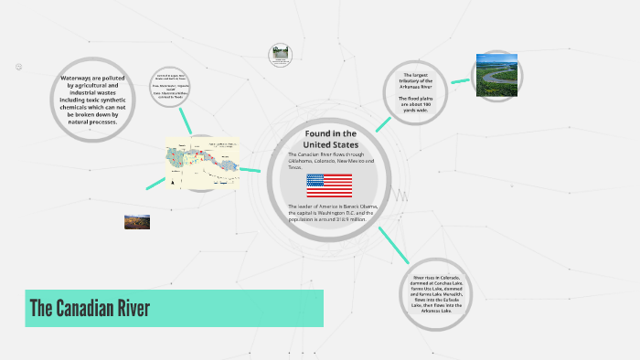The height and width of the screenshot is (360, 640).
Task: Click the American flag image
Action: pos(328,185)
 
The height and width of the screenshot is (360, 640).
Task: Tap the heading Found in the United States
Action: pos(329,139)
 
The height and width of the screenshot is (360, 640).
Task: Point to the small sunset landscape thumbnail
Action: pos(137,221)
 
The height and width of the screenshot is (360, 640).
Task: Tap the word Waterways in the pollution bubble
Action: pos(79,79)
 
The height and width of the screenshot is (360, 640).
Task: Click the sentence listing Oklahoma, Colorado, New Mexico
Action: pos(329,160)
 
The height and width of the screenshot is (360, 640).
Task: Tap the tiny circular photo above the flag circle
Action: pos(280,55)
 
